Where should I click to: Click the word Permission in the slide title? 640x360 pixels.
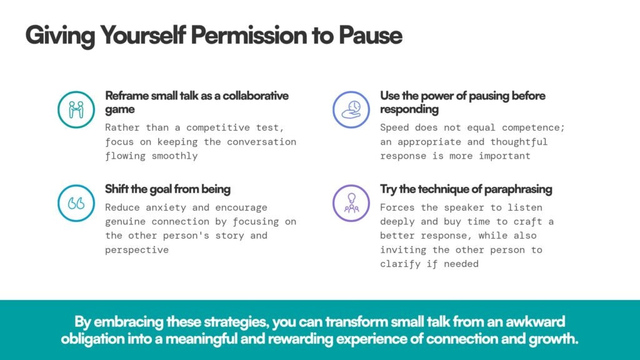[x=249, y=35]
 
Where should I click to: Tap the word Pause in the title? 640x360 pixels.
[x=370, y=35]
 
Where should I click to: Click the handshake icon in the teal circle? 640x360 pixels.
[x=76, y=109]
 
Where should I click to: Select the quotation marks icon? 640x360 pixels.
[x=76, y=203]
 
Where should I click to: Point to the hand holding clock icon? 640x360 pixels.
[x=351, y=109]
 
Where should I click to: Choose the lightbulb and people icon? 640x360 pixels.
[x=351, y=203]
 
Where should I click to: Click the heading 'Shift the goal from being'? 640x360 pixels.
[x=167, y=189]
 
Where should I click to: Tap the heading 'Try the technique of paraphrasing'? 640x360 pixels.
[x=466, y=189]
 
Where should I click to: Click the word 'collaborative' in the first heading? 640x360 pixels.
[x=256, y=96]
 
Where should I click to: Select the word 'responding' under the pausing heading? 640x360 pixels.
[x=409, y=109]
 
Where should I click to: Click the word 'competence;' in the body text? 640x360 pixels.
[x=533, y=127]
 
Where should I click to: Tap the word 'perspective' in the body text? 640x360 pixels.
[x=137, y=250]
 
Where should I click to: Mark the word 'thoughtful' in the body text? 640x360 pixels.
[x=519, y=142]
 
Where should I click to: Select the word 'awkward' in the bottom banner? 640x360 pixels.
[x=536, y=322]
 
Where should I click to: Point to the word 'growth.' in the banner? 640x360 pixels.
[x=554, y=339]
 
